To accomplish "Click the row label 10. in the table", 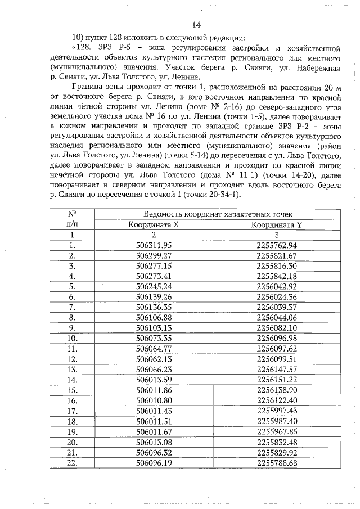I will [72, 337].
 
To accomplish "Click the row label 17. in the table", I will [72, 410].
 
